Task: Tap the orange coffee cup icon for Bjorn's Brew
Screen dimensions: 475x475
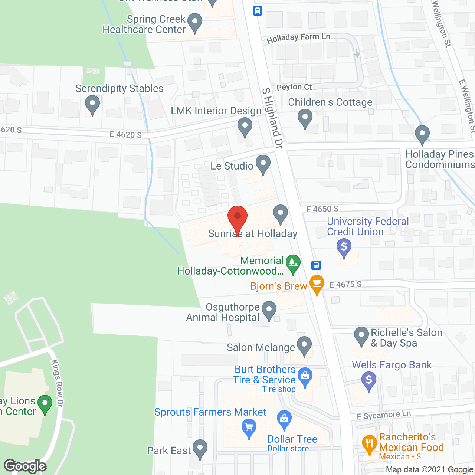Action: pos(317,284)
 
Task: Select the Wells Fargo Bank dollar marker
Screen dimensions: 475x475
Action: pos(369,381)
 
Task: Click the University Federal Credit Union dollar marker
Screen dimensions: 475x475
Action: pos(344,247)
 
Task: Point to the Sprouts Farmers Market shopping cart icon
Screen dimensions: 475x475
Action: pos(249,427)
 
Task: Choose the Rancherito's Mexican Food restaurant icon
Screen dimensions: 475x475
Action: pos(369,444)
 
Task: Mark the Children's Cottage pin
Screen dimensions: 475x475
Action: pos(305,118)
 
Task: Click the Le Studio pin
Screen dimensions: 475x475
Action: pos(263,164)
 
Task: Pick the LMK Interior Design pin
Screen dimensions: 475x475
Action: pos(245,126)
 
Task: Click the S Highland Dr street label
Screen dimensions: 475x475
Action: pos(272,118)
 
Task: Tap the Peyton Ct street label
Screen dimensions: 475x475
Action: pos(294,87)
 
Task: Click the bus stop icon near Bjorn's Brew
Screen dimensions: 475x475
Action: pos(316,265)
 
